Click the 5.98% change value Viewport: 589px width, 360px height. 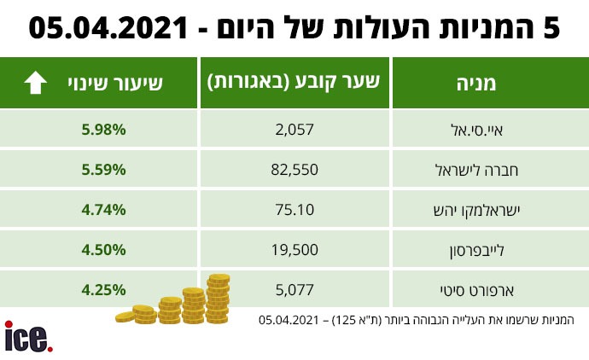click(x=103, y=130)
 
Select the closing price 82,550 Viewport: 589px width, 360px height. click(x=294, y=170)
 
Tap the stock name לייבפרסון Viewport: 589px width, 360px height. click(x=476, y=251)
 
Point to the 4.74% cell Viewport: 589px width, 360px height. click(x=103, y=210)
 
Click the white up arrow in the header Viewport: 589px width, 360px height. click(x=35, y=82)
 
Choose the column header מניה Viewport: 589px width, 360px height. click(x=476, y=84)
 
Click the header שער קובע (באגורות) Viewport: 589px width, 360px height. click(x=294, y=82)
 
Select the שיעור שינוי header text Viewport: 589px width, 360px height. click(x=115, y=83)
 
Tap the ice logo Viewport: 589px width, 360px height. click(x=28, y=336)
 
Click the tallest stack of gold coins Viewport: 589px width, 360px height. click(x=219, y=299)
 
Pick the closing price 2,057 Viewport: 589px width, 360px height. click(x=294, y=130)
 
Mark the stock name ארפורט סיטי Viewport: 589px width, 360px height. click(x=476, y=290)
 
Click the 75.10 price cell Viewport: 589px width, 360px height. click(x=294, y=210)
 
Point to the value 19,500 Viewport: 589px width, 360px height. click(x=294, y=250)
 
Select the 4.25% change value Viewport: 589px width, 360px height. click(x=103, y=290)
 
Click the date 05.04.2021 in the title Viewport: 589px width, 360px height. click(x=108, y=28)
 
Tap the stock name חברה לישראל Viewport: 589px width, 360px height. click(x=476, y=170)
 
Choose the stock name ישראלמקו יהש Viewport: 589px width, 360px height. click(x=476, y=210)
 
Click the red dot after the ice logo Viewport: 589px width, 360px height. click(x=50, y=349)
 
